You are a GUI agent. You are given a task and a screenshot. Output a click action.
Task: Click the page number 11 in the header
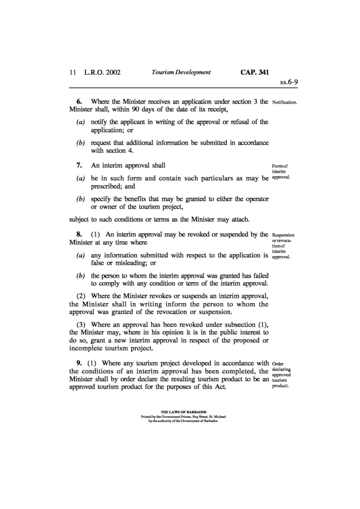[72, 72]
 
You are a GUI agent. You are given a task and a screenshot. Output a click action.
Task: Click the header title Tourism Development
[181, 72]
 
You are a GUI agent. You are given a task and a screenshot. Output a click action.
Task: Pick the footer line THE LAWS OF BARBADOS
[180, 412]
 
